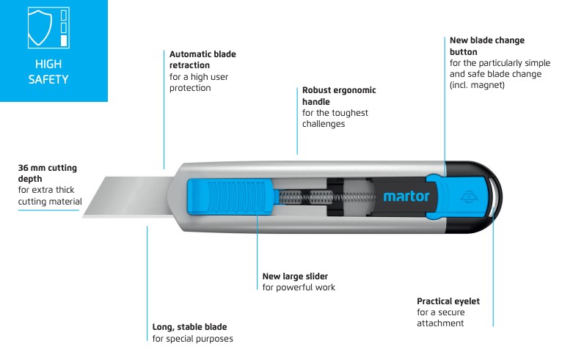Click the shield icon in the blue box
[40, 28]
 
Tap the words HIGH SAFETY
[48, 72]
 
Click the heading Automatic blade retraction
[202, 59]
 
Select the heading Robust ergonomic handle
[339, 95]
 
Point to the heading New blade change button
[486, 46]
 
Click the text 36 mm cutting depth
[47, 173]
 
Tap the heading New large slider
[295, 276]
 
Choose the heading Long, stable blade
[189, 327]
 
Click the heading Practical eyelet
[448, 301]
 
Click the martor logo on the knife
[406, 196]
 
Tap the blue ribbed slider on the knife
[230, 197]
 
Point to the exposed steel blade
[128, 196]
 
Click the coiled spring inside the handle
[327, 197]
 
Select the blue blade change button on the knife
[458, 196]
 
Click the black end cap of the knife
[473, 197]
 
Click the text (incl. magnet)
[477, 85]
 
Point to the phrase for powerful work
[299, 287]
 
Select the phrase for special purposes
[192, 339]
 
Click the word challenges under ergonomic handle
[324, 124]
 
